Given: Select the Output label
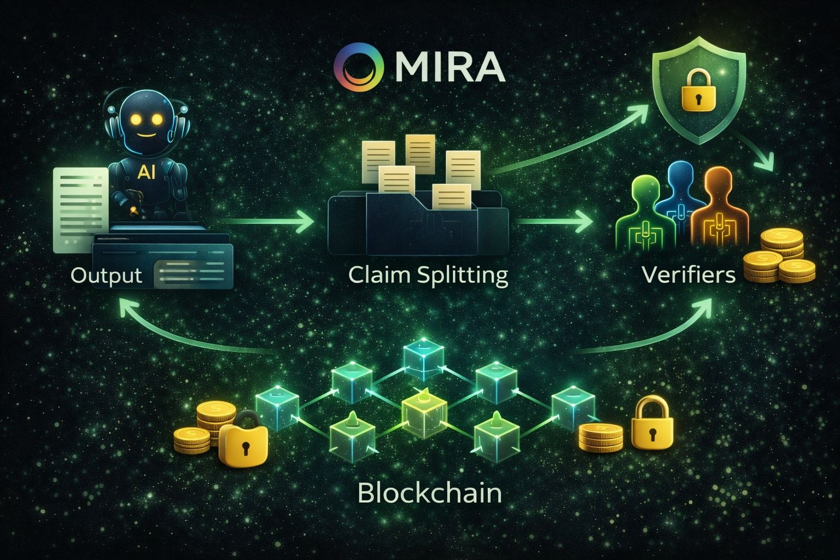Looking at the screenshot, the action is click(x=107, y=275).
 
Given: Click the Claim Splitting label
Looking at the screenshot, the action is click(x=428, y=275).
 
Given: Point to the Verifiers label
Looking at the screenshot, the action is click(x=689, y=275).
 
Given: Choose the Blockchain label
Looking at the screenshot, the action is click(x=429, y=493).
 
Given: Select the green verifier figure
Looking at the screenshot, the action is click(x=644, y=213).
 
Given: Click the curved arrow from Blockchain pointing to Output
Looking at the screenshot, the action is click(x=180, y=334).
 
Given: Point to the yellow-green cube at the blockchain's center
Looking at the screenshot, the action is click(x=424, y=407).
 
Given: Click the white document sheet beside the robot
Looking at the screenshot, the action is click(x=77, y=208).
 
